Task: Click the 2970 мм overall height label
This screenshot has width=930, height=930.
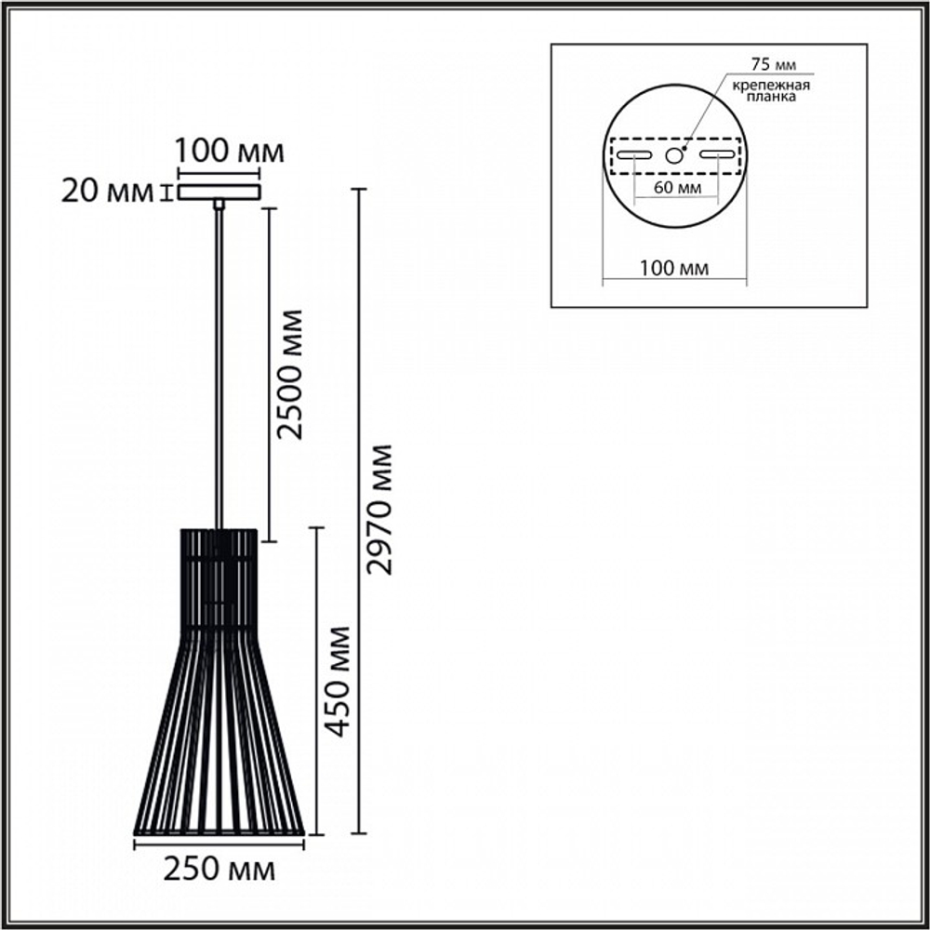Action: (379, 510)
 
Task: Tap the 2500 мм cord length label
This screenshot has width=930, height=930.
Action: (290, 374)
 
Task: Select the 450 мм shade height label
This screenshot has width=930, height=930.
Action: (339, 682)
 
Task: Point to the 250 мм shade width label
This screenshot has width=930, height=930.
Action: (219, 870)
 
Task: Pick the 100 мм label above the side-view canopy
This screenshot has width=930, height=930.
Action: (229, 152)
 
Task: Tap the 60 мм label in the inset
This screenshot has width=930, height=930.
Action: (677, 188)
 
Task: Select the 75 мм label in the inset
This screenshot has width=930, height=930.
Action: (774, 63)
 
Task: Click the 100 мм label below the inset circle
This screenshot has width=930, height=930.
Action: (673, 268)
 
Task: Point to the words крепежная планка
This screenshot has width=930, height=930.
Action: (771, 91)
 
